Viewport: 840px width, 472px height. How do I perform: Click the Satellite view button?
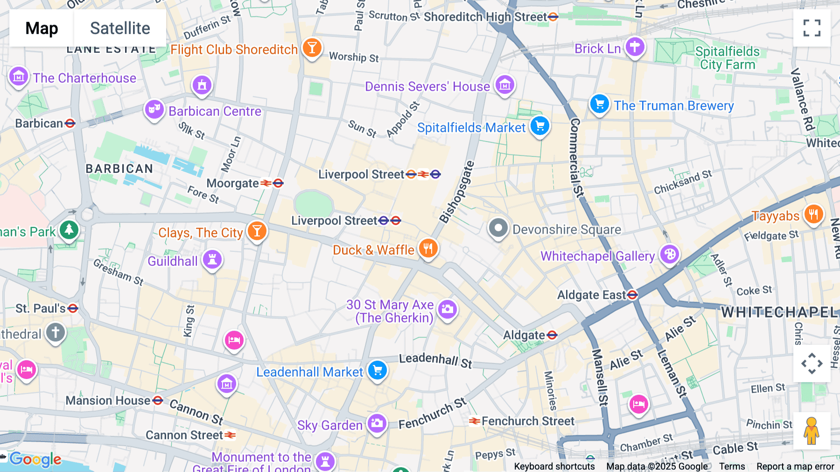point(120,28)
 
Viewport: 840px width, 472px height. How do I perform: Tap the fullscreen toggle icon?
point(812,28)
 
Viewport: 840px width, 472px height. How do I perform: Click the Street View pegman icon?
point(812,430)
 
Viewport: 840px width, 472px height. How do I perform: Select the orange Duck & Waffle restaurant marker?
point(428,248)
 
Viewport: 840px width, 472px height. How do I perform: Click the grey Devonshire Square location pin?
point(498,229)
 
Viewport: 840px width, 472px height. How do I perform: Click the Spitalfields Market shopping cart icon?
point(540,126)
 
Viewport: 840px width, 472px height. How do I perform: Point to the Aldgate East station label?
point(592,295)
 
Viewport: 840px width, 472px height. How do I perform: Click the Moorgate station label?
point(233,183)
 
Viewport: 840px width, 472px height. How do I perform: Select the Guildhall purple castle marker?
point(212,259)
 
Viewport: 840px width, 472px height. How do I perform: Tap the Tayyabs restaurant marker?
point(813,215)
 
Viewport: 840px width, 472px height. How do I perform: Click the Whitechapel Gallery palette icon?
point(670,255)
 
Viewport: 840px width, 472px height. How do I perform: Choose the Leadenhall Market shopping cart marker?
point(377,371)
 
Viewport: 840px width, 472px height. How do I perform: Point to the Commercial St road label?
point(577,157)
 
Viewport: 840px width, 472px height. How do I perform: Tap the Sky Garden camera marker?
point(377,423)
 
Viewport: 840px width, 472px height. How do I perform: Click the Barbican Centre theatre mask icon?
point(154,110)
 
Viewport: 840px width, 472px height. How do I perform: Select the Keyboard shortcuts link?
point(554,466)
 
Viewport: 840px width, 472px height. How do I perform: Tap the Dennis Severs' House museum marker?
point(504,85)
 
